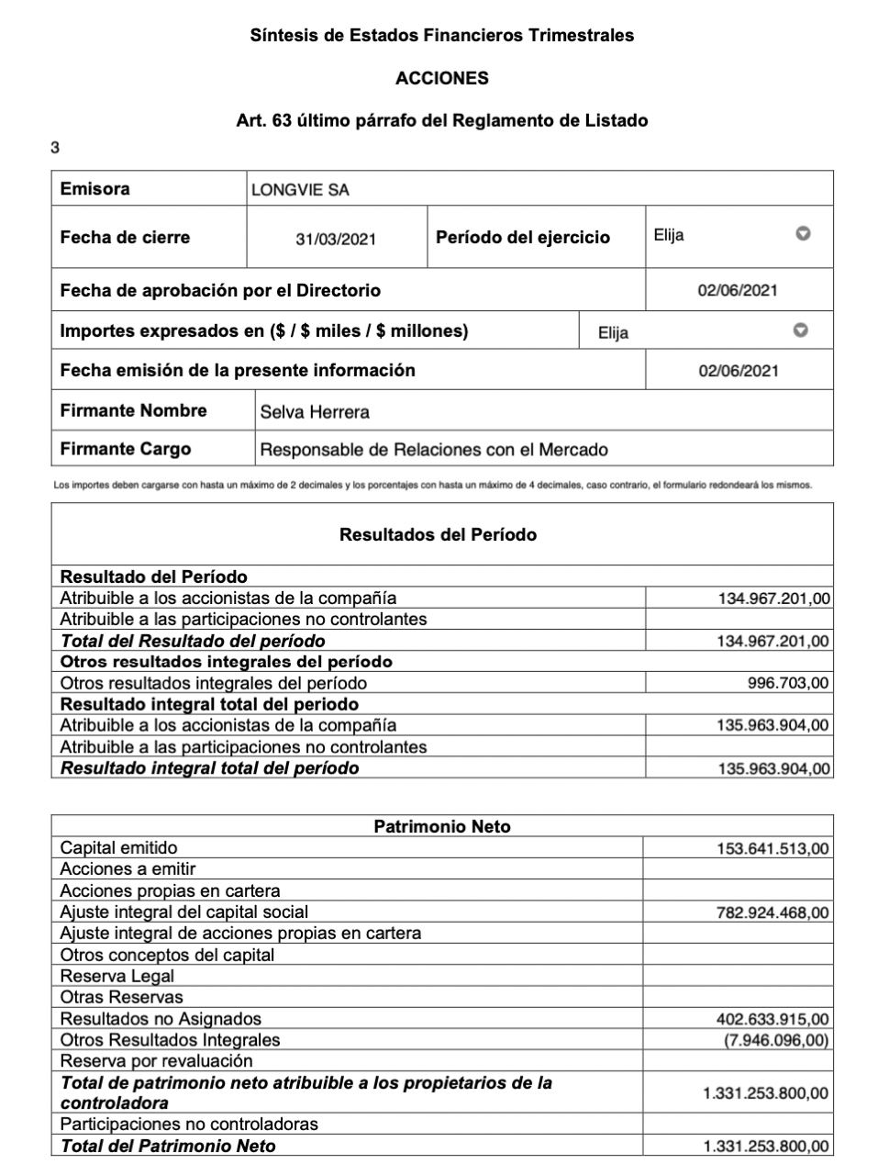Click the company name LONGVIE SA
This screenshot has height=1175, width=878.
(300, 190)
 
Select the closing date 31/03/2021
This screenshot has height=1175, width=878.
(336, 239)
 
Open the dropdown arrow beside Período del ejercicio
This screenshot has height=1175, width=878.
(803, 234)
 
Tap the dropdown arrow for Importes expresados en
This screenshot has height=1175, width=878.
(800, 330)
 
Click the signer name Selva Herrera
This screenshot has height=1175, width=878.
(315, 412)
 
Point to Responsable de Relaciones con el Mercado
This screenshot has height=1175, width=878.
(434, 450)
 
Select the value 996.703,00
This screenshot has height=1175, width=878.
(788, 683)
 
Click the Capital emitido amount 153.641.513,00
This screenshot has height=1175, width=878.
(772, 849)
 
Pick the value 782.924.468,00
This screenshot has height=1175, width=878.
(772, 912)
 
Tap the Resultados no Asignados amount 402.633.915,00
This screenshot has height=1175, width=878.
(772, 1019)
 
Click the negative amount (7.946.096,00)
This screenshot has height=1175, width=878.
(776, 1040)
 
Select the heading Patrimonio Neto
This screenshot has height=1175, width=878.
(442, 826)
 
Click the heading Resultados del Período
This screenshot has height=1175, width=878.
(438, 534)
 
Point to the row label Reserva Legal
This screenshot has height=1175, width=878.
(117, 976)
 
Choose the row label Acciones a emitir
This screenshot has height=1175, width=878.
(128, 868)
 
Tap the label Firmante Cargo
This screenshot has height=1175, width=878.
(126, 449)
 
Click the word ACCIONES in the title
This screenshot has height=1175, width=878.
(441, 78)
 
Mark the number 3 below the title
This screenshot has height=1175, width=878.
(55, 148)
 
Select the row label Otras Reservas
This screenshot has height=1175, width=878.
(121, 997)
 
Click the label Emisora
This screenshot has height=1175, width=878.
(94, 189)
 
